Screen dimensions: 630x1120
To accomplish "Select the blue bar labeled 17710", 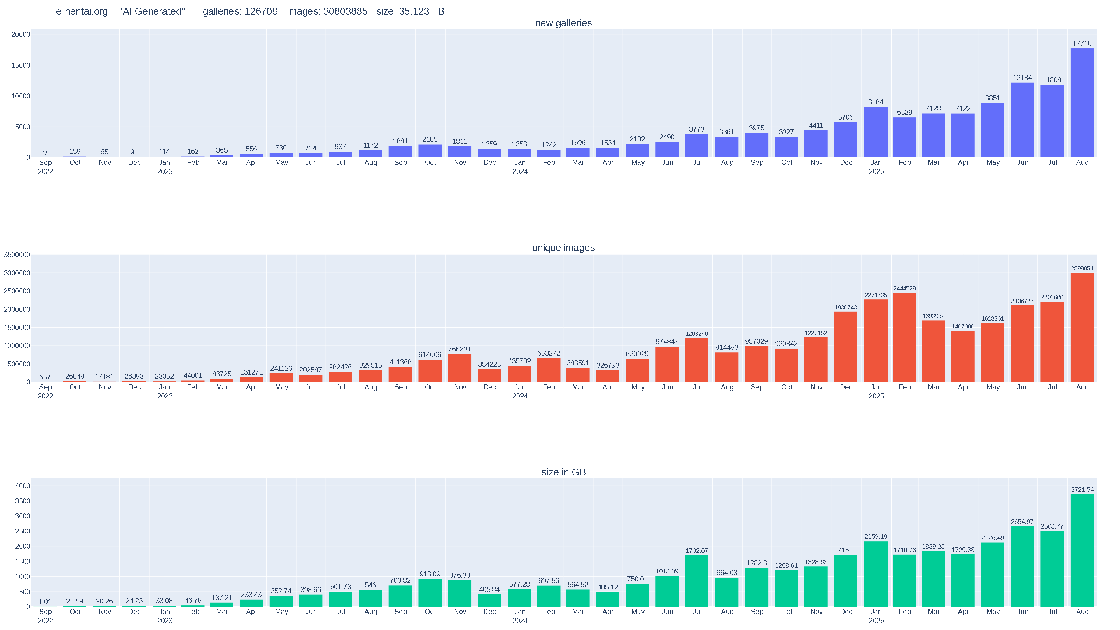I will [x=1082, y=103].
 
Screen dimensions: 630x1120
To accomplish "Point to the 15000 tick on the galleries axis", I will [x=21, y=65].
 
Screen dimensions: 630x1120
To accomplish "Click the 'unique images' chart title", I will [x=563, y=248].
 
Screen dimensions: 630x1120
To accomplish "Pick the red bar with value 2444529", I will [x=904, y=337].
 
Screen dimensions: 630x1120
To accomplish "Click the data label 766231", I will [x=460, y=349].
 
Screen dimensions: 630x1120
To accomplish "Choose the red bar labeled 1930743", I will [x=846, y=347].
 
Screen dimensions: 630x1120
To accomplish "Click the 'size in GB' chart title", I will [x=563, y=472].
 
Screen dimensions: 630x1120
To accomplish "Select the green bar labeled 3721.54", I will [x=1082, y=550].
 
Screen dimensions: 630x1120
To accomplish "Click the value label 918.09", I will [x=430, y=574].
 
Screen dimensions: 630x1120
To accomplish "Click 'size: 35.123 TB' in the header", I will [x=410, y=12].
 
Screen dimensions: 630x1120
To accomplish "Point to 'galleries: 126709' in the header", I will [x=240, y=12].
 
